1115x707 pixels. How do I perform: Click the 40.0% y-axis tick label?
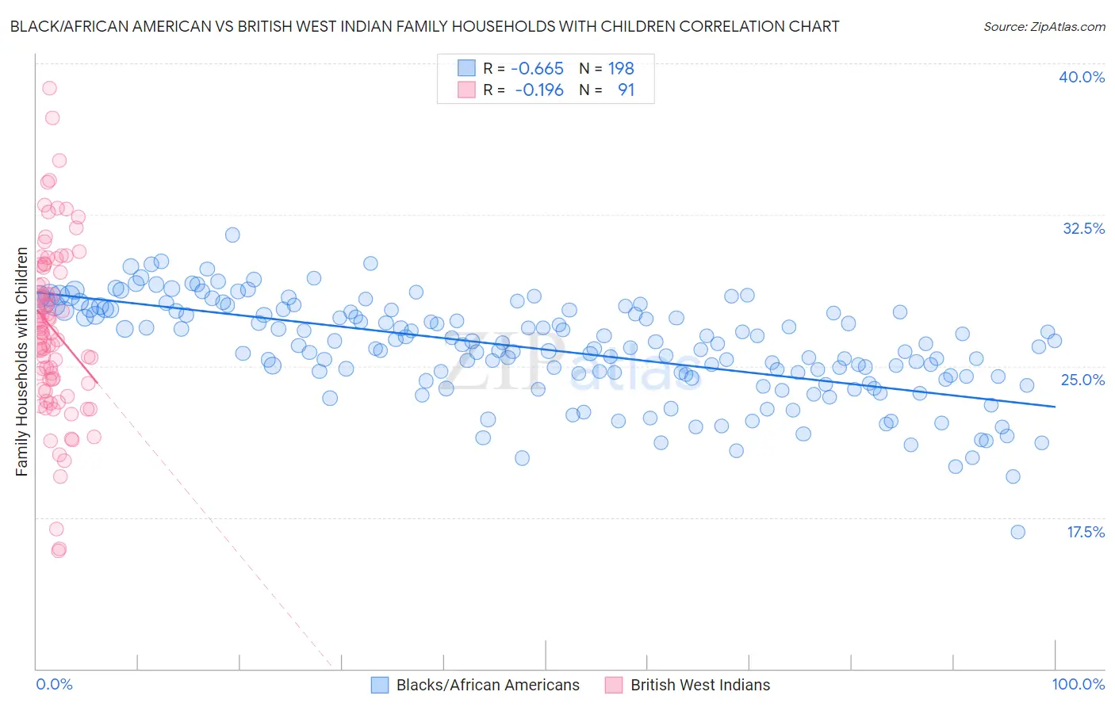click(1082, 77)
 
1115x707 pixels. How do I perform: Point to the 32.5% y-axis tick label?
click(1083, 228)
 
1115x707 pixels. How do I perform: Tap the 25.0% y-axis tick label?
click(1082, 380)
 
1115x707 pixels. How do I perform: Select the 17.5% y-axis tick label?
click(1085, 532)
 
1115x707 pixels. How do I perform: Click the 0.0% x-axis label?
click(54, 684)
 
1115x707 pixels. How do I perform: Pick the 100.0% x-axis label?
click(1078, 684)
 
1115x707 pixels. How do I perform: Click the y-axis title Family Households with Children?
click(21, 361)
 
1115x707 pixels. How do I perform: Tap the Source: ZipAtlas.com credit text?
click(1044, 27)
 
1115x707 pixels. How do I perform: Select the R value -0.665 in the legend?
click(537, 68)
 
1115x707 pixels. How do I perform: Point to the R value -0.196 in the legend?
click(538, 90)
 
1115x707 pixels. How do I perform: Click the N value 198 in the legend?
click(621, 68)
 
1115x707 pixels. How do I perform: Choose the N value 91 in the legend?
click(626, 90)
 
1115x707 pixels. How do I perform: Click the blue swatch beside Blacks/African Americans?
click(380, 685)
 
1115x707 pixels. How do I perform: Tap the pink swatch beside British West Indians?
click(614, 685)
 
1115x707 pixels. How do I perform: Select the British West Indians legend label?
click(700, 685)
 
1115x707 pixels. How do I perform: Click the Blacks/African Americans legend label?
click(488, 685)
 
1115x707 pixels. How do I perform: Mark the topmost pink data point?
click(49, 88)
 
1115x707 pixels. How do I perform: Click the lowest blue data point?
click(1017, 532)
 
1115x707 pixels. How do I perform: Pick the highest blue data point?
click(232, 235)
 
